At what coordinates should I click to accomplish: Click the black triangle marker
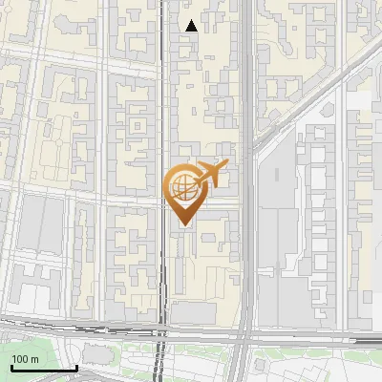point(192,26)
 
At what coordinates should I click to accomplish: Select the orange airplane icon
point(211,175)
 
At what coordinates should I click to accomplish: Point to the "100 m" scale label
point(25,359)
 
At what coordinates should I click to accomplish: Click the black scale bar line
point(43,368)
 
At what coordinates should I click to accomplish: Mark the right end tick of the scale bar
point(75,366)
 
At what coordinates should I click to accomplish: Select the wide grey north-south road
point(246,115)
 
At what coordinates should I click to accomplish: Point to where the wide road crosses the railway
point(244,334)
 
